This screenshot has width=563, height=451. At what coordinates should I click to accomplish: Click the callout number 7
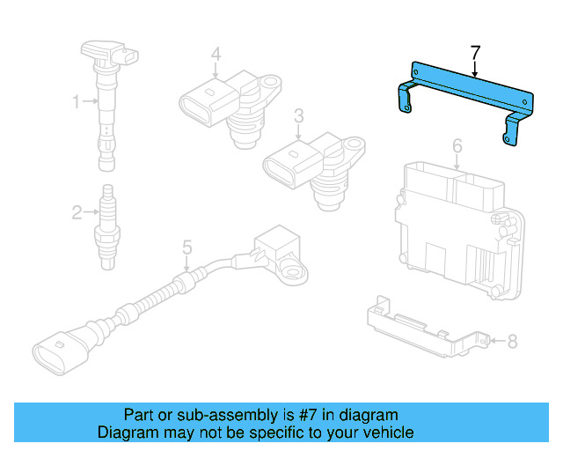(x=475, y=53)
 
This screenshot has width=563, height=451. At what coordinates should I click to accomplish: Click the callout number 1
(x=77, y=102)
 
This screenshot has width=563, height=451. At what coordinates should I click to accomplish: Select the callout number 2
(x=77, y=211)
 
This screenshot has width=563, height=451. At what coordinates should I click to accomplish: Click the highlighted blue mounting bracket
(x=466, y=87)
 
